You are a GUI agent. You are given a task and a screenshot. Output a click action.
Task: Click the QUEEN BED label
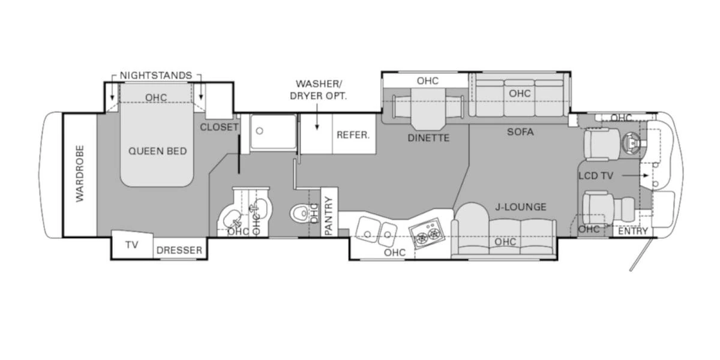157,151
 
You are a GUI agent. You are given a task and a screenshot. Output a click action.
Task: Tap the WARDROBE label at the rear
80,174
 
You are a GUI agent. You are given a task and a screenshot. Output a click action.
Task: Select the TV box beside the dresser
131,245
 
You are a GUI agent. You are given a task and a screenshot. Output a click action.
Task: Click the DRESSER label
179,250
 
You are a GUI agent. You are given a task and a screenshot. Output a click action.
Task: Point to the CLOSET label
219,127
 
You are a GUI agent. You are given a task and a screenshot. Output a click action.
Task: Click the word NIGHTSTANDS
156,76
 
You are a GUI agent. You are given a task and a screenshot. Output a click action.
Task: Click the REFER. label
353,135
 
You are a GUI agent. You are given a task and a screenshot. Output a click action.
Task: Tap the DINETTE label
428,138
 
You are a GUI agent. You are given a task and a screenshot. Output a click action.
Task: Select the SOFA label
520,132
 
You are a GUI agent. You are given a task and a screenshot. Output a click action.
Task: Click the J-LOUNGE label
520,207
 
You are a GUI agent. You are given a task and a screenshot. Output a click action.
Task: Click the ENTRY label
633,231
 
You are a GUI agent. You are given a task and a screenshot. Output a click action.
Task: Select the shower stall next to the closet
273,133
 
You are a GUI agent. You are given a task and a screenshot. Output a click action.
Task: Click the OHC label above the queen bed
156,98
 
